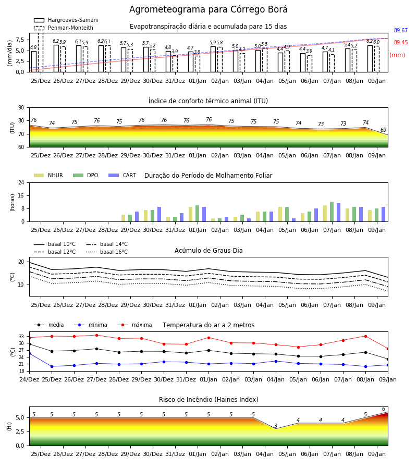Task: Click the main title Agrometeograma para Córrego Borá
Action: [x=208, y=9]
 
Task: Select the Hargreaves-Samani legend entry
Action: [x=66, y=20]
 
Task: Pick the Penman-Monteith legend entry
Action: [x=64, y=28]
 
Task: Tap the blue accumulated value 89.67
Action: [x=401, y=31]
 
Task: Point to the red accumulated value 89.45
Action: [x=401, y=43]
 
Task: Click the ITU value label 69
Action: [x=383, y=130]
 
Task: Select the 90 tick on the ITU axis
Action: [x=21, y=108]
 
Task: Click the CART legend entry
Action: [x=122, y=175]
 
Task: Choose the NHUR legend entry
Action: [x=48, y=175]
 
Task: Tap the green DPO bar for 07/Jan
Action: [x=332, y=212]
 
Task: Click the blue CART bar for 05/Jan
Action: [x=294, y=220]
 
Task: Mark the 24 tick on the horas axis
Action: [x=21, y=183]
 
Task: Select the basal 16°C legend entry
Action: [x=107, y=252]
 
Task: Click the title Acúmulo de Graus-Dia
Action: [x=208, y=251]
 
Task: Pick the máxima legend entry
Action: [x=134, y=325]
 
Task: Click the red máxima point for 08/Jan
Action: [x=365, y=336]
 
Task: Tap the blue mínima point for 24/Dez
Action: [x=29, y=353]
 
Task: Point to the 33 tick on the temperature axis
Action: [x=21, y=337]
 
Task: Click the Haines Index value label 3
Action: [x=276, y=426]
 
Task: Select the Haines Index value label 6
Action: [x=384, y=409]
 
